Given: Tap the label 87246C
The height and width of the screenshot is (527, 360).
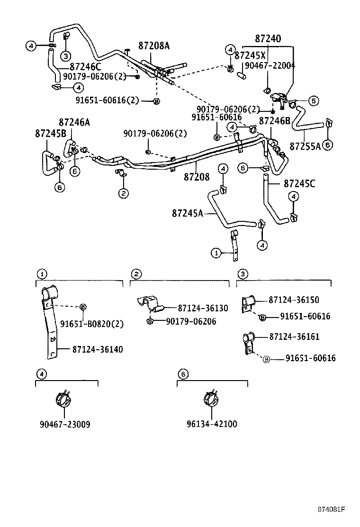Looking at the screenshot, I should pyautogui.click(x=85, y=67).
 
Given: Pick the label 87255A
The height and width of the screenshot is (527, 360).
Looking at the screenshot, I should pyautogui.click(x=305, y=145).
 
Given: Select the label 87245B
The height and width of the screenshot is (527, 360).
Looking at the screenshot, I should pyautogui.click(x=50, y=133).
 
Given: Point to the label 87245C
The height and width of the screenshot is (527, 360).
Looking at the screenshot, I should pyautogui.click(x=299, y=182).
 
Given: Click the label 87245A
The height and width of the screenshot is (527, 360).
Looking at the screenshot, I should pyautogui.click(x=188, y=213).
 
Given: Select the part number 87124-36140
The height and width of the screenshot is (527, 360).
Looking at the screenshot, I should pyautogui.click(x=98, y=349).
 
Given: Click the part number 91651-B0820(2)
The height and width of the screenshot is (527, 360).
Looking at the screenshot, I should pyautogui.click(x=91, y=324).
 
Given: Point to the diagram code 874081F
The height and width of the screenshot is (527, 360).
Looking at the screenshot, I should pyautogui.click(x=331, y=509).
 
